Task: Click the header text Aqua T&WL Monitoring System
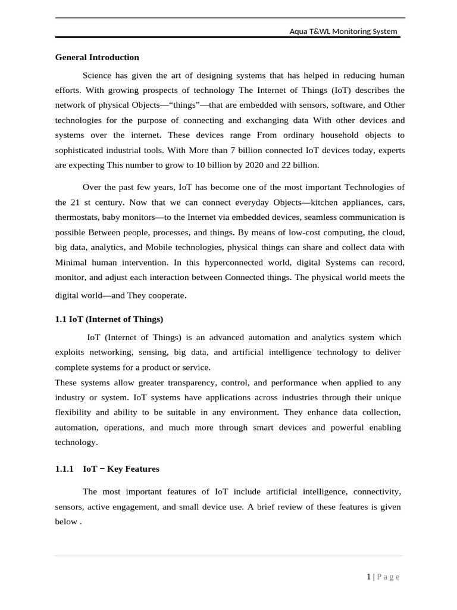coord(343,32)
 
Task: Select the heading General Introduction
coord(97,58)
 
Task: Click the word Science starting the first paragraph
coord(98,76)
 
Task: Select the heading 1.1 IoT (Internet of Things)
coord(109,319)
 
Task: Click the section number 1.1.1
coord(64,469)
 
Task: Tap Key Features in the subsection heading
coord(133,469)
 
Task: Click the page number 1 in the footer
coord(369,577)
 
